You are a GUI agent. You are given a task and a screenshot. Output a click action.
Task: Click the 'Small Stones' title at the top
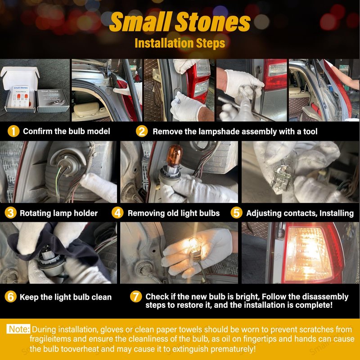tap(180, 22)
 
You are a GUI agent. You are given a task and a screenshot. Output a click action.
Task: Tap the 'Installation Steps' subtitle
tap(180, 43)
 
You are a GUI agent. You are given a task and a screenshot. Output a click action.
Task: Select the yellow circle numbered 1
tap(13, 131)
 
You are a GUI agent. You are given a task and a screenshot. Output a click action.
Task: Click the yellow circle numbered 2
tap(142, 131)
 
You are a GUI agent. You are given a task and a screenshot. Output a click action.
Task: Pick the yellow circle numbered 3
tap(10, 212)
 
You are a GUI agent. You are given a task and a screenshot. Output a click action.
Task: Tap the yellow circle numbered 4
tap(117, 212)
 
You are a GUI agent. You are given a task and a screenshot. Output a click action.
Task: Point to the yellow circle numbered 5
tap(237, 212)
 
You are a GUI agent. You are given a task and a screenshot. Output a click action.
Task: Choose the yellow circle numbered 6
tap(10, 297)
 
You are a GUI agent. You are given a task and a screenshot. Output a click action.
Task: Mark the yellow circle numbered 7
tap(136, 297)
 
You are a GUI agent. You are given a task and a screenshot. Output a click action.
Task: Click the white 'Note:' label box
tap(18, 329)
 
